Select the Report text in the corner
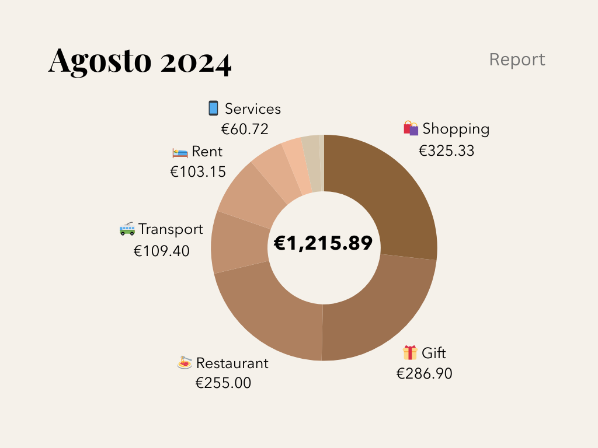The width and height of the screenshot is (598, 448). coord(517,60)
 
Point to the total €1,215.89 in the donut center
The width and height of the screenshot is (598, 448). coord(323,243)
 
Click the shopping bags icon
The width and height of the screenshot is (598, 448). coord(411,128)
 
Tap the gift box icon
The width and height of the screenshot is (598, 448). coord(410,353)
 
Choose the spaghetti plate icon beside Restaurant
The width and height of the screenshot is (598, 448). coord(185,363)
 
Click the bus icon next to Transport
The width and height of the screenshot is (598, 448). coord(127,229)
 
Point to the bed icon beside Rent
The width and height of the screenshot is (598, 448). coord(180,152)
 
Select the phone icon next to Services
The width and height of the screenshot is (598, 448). coord(213,108)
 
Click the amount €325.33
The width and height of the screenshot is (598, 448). coord(447,150)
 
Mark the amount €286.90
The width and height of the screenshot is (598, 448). coord(425,374)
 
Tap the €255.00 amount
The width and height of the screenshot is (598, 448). coord(223,383)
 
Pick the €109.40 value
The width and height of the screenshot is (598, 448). coord(162,251)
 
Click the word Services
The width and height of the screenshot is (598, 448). coord(253,109)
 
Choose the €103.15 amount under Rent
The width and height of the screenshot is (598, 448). coord(198,171)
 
